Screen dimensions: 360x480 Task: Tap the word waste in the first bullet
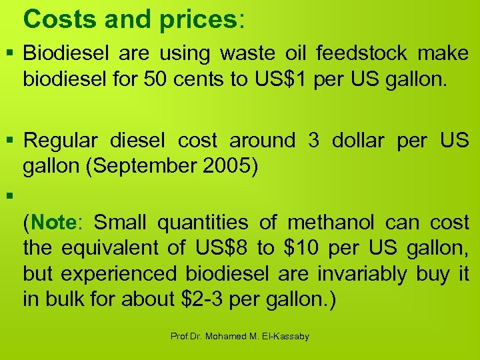(x=251, y=53)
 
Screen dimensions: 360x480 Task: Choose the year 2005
(x=225, y=167)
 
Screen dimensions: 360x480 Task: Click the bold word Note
(x=55, y=222)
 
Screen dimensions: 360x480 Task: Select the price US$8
(x=221, y=248)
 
